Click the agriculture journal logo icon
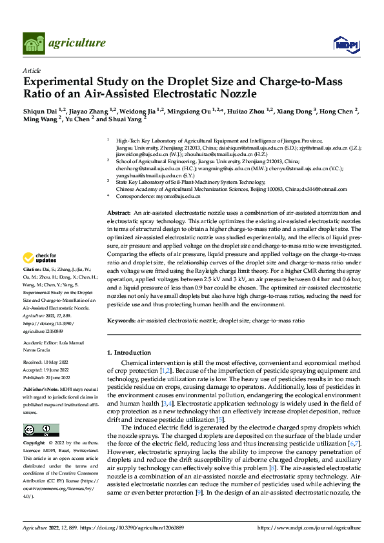[x=34, y=43]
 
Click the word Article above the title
[x=32, y=70]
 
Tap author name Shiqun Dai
[x=40, y=112]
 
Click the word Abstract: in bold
[x=119, y=212]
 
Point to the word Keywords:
[x=120, y=320]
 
